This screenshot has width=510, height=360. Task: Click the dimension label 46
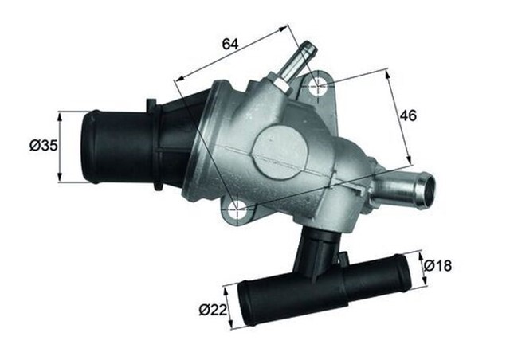pos(408,115)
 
